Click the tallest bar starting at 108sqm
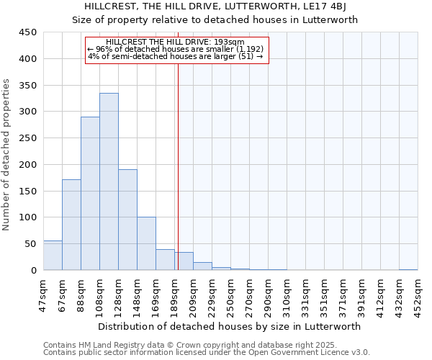coord(109,181)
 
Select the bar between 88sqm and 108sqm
coord(90,193)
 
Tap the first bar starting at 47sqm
coord(53,256)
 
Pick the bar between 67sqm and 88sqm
coord(71,225)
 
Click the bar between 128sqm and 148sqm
coord(127,220)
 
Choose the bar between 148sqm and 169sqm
coord(146,243)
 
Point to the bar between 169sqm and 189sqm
coord(165,260)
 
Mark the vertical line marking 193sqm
coord(178,158)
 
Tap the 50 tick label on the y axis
coord(30,244)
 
